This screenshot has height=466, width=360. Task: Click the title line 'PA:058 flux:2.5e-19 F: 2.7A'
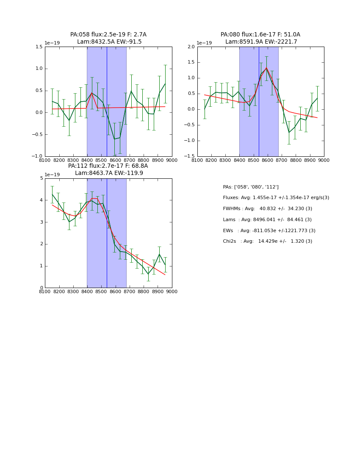pyautogui.click(x=108, y=35)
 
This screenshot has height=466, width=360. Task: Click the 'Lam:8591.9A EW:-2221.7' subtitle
pyautogui.click(x=261, y=42)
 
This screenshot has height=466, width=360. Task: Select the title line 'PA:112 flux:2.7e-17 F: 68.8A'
pyautogui.click(x=108, y=166)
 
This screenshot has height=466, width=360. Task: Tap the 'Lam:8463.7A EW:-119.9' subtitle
pyautogui.click(x=109, y=173)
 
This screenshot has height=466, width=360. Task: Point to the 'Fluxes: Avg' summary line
pyautogui.click(x=276, y=198)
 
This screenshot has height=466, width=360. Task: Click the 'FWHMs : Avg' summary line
pyautogui.click(x=267, y=209)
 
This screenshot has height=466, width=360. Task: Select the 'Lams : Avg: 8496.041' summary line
pyautogui.click(x=267, y=220)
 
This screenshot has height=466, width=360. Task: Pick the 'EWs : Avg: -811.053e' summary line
pyautogui.click(x=269, y=231)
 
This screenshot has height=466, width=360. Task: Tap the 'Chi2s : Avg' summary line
pyautogui.click(x=267, y=241)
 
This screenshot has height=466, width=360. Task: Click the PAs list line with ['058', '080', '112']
pyautogui.click(x=251, y=187)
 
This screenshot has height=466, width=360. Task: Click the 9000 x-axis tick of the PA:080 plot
pyautogui.click(x=324, y=160)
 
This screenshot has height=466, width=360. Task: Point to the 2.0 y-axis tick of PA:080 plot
pyautogui.click(x=191, y=47)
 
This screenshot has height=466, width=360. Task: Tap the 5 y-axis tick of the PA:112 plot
pyautogui.click(x=41, y=178)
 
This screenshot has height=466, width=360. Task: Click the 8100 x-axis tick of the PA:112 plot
pyautogui.click(x=45, y=291)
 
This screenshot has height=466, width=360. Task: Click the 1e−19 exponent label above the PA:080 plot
pyautogui.click(x=204, y=43)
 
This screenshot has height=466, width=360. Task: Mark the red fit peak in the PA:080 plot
pyautogui.click(x=266, y=68)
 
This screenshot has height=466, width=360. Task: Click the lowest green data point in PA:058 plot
pyautogui.click(x=114, y=139)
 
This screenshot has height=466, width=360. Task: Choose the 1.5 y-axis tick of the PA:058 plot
pyautogui.click(x=39, y=47)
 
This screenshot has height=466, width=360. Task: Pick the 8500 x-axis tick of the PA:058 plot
pyautogui.click(x=101, y=160)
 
